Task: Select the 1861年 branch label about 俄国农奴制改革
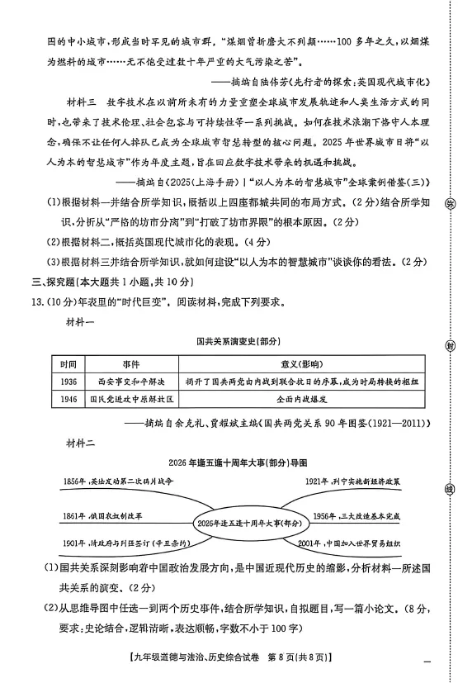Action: [x=102, y=515]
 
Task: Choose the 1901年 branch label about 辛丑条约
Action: [x=120, y=544]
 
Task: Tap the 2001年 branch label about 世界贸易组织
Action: [x=356, y=544]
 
